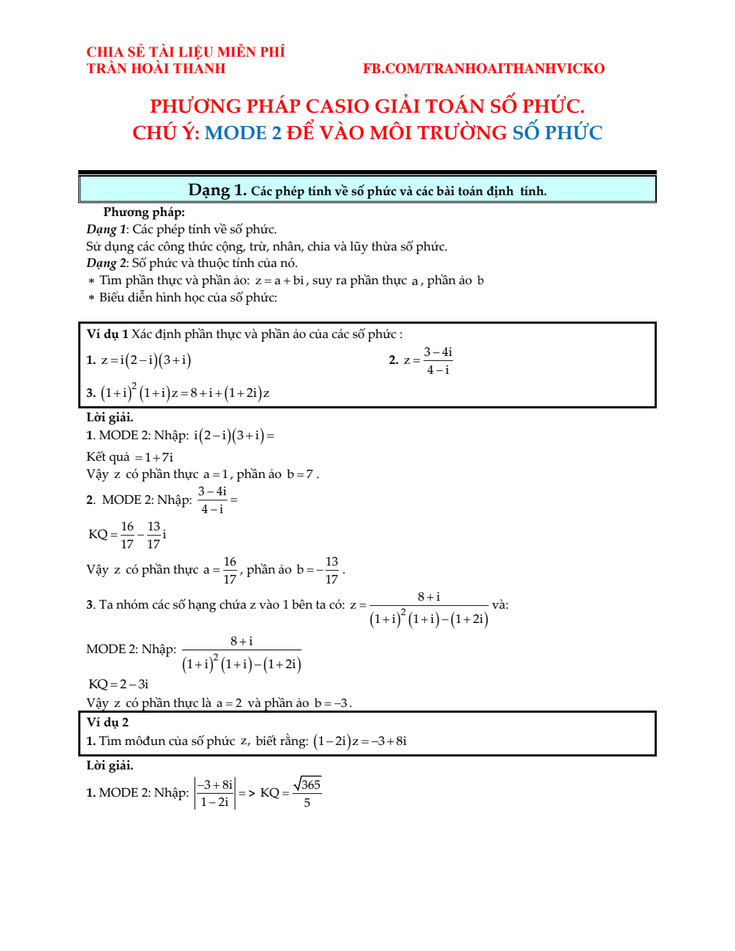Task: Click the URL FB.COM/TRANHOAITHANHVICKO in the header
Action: point(483,69)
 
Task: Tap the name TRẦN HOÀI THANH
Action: point(156,69)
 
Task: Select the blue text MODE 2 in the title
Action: point(243,133)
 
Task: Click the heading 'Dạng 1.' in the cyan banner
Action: point(217,190)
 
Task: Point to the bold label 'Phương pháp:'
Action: point(144,212)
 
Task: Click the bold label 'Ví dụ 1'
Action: point(108,334)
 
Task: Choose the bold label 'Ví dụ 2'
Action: point(108,722)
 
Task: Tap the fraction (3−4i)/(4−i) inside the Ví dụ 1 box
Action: point(437,361)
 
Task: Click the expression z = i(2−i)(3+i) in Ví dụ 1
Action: point(146,360)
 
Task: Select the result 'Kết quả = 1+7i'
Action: point(130,457)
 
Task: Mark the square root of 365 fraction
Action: point(307,792)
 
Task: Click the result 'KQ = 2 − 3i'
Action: point(118,684)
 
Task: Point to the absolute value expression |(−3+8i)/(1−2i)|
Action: point(215,793)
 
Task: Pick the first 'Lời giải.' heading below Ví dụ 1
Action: point(110,417)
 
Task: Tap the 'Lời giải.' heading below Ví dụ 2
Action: point(110,765)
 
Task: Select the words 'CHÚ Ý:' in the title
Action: point(166,133)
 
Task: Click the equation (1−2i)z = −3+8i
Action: point(360,741)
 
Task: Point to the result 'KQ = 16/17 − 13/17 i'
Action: point(128,535)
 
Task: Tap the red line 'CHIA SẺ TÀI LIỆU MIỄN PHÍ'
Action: point(185,52)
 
